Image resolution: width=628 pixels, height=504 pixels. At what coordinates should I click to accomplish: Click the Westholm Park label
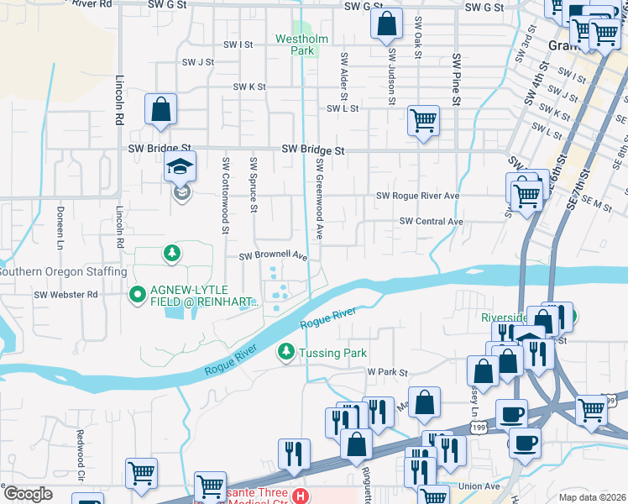click(296, 45)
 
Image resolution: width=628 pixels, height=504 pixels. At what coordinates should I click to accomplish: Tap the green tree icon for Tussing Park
click(286, 352)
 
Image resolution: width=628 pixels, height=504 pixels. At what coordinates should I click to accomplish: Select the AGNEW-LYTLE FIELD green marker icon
click(139, 295)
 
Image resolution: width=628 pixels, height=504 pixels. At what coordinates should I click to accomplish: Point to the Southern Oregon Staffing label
click(63, 272)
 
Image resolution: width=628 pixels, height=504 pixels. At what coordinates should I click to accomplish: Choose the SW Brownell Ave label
click(274, 256)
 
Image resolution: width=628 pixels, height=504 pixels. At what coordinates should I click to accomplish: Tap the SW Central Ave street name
click(432, 222)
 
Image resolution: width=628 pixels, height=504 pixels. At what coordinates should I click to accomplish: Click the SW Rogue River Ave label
click(417, 196)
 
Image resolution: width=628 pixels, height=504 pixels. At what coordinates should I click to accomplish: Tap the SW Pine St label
click(457, 80)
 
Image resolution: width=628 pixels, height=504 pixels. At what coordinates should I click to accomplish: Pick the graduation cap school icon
click(181, 167)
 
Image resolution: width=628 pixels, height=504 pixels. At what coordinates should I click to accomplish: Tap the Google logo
click(28, 493)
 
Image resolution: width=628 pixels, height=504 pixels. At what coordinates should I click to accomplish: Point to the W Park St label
click(387, 372)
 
